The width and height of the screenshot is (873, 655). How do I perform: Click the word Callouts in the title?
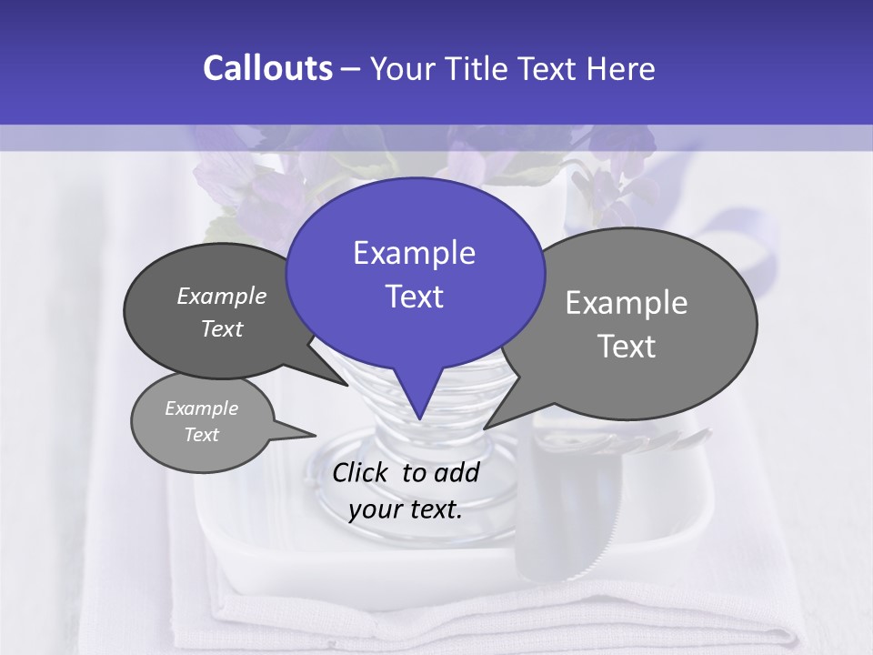pos(267,69)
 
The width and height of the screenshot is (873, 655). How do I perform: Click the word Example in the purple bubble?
pos(415,253)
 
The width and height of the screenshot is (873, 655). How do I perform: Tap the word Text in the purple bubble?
pos(415,297)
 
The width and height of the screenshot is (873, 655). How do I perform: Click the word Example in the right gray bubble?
pos(627,303)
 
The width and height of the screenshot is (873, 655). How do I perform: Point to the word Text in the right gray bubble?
pos(627,347)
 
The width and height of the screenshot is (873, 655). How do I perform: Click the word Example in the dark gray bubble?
pos(222,296)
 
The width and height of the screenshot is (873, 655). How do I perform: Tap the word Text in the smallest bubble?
pos(202,435)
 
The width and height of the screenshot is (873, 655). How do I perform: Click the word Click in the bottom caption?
pos(361,472)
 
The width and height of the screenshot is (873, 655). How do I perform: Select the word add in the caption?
pos(456,472)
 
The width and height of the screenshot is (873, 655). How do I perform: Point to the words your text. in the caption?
pos(406,509)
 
